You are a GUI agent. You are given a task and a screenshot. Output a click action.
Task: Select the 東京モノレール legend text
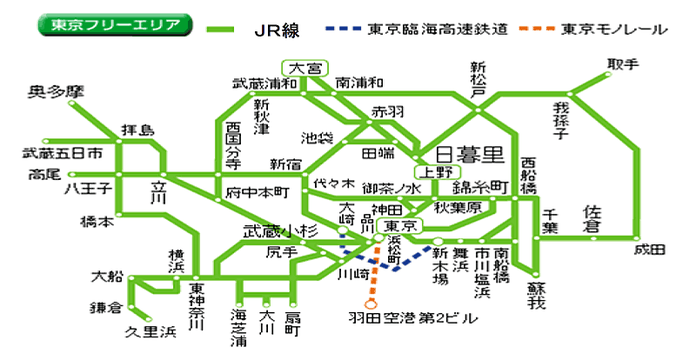613,29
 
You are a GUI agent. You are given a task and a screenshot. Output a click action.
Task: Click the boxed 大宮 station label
304,68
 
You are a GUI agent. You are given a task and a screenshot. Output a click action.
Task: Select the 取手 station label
623,64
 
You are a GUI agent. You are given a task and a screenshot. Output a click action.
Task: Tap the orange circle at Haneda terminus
371,303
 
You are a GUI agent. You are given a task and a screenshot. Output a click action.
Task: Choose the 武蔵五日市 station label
63,153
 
